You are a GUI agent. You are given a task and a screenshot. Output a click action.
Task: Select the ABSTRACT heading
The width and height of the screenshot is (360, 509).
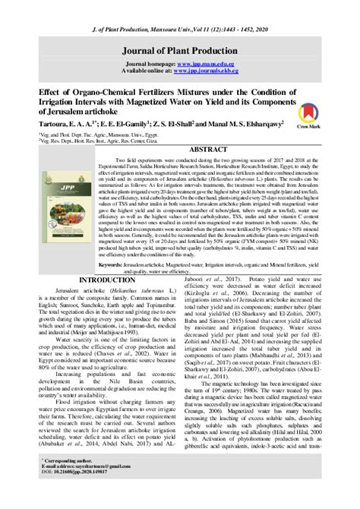coord(213,150)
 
